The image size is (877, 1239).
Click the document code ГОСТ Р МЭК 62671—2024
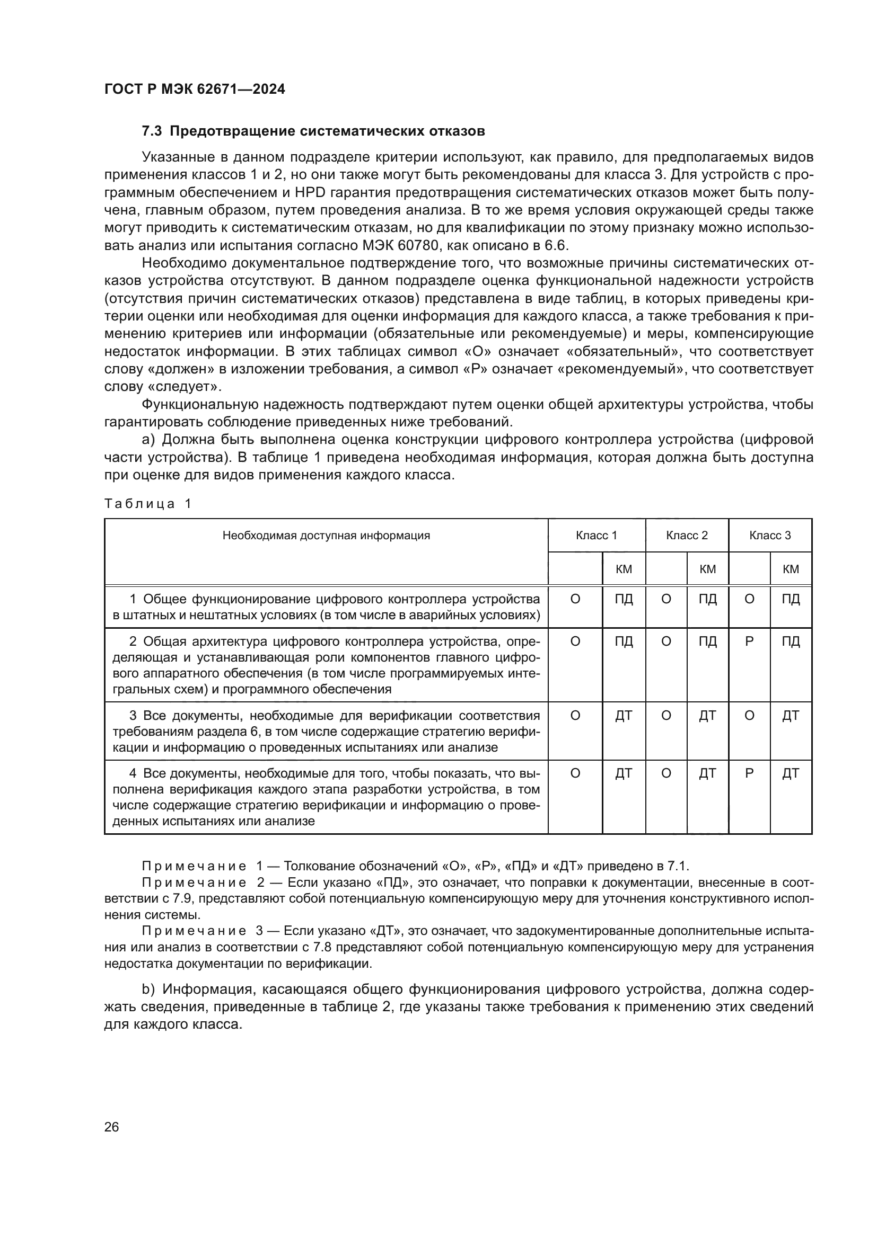click(195, 89)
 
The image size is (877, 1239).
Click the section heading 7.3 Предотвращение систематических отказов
click(313, 131)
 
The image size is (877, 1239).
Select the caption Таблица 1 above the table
click(147, 503)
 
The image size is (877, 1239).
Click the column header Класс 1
click(596, 536)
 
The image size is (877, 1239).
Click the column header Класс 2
click(686, 536)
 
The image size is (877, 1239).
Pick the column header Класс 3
click(769, 536)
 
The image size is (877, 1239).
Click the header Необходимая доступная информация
click(326, 536)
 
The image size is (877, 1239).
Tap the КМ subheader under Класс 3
click(790, 569)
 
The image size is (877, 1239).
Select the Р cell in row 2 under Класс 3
click(749, 641)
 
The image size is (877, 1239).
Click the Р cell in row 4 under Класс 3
click(749, 773)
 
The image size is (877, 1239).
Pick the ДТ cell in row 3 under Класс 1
click(623, 716)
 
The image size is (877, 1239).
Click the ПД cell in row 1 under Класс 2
click(707, 599)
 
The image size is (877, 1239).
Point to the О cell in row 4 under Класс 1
click(575, 773)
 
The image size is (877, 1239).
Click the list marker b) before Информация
click(148, 989)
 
